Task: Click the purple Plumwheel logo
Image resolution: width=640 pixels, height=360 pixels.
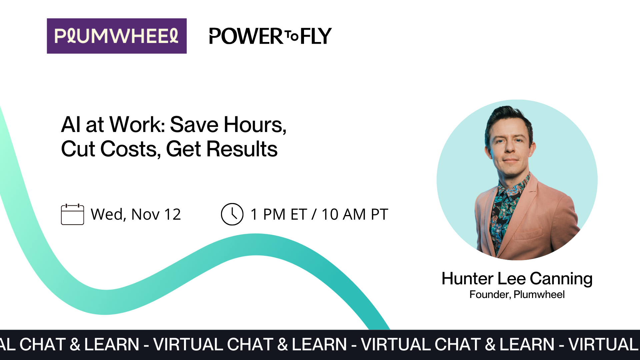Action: click(x=117, y=36)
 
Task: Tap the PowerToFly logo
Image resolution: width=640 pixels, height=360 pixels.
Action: click(x=270, y=36)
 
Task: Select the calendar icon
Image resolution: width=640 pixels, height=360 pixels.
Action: click(x=72, y=214)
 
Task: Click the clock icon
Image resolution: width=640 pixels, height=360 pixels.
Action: click(x=232, y=214)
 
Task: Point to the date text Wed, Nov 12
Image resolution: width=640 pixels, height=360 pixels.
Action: click(x=136, y=214)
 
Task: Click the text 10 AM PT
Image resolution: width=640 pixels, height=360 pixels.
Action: click(x=355, y=214)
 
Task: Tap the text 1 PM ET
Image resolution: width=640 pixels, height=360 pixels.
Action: click(x=279, y=214)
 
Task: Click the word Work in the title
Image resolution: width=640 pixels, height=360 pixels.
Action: click(x=137, y=125)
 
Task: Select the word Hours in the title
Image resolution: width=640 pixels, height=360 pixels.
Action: click(x=255, y=125)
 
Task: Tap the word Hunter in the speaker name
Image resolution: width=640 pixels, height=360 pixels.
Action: click(x=467, y=279)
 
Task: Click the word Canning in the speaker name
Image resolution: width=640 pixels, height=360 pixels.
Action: click(x=561, y=279)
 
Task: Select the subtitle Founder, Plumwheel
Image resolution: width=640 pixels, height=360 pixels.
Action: click(x=517, y=295)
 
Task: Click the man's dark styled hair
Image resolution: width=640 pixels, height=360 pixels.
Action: click(x=508, y=117)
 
